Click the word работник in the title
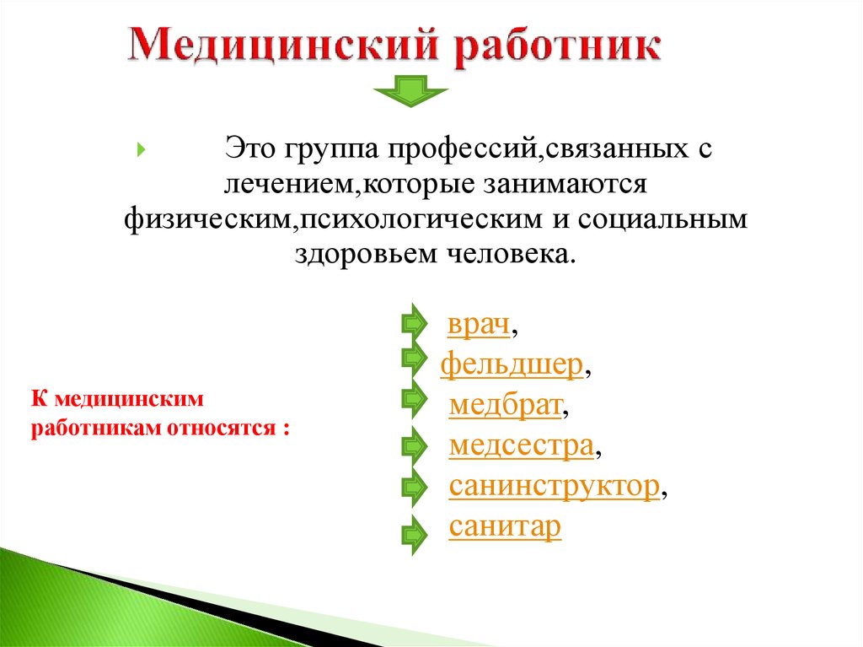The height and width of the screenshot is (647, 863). click(558, 46)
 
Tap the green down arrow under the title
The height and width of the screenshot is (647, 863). click(410, 90)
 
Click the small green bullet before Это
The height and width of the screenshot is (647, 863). click(140, 153)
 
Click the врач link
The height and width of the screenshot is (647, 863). click(479, 325)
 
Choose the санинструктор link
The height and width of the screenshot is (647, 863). click(554, 486)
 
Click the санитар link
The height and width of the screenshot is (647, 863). click(505, 526)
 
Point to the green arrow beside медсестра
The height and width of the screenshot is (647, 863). click(412, 445)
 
